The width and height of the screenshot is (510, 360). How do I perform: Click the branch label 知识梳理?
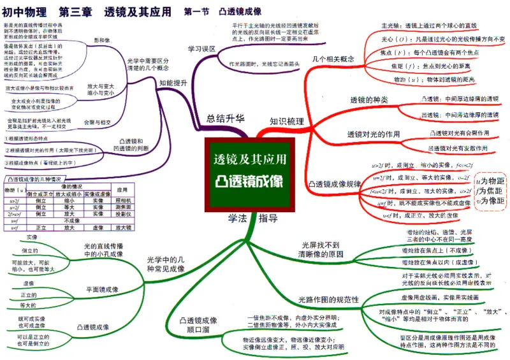pos(286,121)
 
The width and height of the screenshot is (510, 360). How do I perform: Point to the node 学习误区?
pos(201,48)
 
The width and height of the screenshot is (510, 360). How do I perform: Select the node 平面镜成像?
pos(102,289)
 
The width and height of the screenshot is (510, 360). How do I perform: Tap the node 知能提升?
pos(173,83)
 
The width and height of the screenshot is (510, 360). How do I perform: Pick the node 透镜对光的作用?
pos(373,134)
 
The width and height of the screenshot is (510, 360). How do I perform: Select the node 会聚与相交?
pos(98,122)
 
